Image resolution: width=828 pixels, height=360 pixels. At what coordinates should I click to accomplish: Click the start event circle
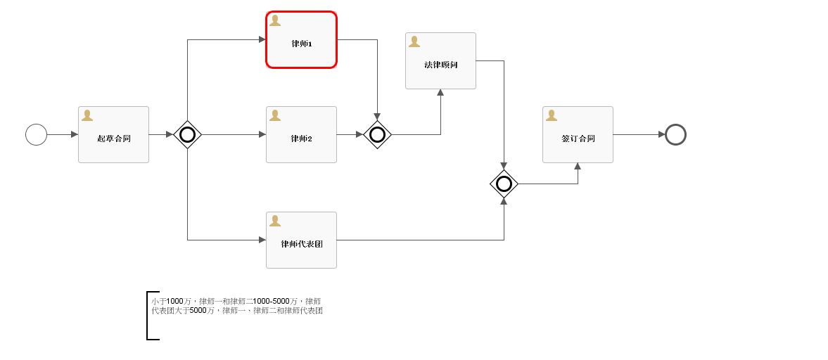(36, 134)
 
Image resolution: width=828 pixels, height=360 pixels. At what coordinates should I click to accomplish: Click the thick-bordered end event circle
(675, 134)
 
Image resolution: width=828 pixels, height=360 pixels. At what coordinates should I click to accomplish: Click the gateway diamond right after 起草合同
(187, 134)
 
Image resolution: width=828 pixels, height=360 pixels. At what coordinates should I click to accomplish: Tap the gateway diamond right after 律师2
(377, 134)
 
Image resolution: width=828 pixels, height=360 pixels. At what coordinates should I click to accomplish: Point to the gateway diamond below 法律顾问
(504, 184)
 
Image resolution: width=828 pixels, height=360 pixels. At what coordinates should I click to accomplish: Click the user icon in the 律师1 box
(275, 20)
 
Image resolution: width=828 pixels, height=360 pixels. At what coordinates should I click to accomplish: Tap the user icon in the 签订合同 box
(552, 115)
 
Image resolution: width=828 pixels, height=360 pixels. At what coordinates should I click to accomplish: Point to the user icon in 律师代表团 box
(275, 221)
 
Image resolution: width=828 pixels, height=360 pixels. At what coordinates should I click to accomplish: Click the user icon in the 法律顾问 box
(414, 41)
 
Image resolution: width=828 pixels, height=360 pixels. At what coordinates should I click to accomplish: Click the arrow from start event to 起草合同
(62, 134)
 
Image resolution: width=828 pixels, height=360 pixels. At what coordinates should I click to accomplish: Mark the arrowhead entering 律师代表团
(262, 240)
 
